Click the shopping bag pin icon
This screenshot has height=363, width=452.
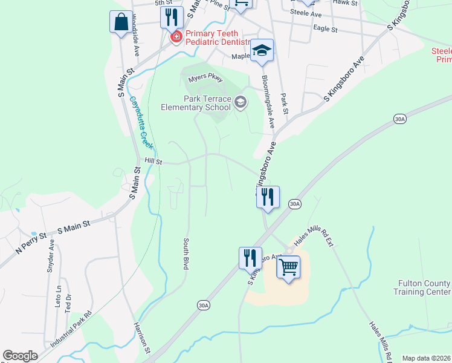coord(121,22)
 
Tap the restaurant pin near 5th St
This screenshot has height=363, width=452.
coord(172,16)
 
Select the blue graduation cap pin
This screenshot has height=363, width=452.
coord(262,51)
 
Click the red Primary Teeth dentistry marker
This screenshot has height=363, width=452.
coord(176,38)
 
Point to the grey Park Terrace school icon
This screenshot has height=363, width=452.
coord(241,102)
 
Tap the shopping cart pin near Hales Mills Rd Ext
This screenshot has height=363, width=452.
coord(289,266)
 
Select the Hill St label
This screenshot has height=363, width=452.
coord(153,162)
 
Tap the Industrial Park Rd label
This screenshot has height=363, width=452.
coord(71,329)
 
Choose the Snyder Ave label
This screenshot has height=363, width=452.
coord(51,257)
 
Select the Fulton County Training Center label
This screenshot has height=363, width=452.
coord(424,287)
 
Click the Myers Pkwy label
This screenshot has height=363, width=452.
coord(205,79)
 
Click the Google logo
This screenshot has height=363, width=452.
coord(21,356)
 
